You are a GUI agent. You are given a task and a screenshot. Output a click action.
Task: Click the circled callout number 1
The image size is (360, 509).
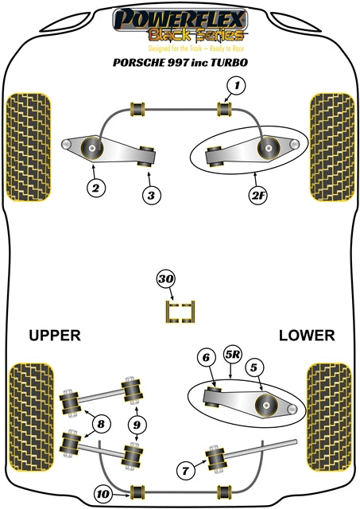click(x=237, y=86)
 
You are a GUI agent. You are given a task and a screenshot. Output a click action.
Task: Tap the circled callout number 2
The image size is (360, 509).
click(x=95, y=188)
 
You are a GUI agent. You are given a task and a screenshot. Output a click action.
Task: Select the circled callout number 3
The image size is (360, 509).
click(x=151, y=195)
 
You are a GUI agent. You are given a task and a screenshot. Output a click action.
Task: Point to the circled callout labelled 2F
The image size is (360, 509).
click(x=258, y=195)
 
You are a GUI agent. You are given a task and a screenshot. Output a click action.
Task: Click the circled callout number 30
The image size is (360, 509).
click(x=166, y=279)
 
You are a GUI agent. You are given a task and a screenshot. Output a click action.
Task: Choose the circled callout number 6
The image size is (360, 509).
click(x=207, y=357)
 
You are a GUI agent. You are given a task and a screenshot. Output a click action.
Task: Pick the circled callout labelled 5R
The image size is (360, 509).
click(x=233, y=355)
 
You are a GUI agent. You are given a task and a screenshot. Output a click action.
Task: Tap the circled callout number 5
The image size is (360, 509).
click(x=254, y=367)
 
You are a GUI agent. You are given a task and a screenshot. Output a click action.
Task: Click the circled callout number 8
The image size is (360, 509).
click(x=101, y=424)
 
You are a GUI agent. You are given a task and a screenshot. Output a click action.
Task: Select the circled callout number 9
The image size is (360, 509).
click(x=137, y=425)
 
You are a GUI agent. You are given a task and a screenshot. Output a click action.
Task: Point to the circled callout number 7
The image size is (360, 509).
click(x=186, y=470)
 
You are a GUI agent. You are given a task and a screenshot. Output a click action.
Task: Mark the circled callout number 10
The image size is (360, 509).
click(x=103, y=494)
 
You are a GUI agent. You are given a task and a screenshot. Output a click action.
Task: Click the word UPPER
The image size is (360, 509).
click(x=55, y=336)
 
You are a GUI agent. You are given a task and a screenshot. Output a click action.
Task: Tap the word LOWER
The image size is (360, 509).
click(x=307, y=336)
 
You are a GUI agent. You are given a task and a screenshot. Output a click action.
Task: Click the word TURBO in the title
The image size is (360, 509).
click(x=230, y=62)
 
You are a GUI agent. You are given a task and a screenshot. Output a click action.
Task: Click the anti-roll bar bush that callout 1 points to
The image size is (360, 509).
click(x=224, y=109)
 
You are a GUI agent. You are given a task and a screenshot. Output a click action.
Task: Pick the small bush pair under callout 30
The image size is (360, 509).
click(x=180, y=312)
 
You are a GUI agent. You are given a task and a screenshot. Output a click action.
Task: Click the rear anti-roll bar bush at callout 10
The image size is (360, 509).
click(x=137, y=493)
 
